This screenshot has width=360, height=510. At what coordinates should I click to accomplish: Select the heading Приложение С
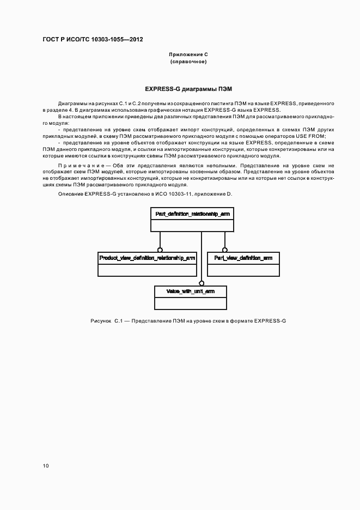click(188, 54)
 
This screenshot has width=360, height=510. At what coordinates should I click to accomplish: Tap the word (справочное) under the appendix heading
click(188, 62)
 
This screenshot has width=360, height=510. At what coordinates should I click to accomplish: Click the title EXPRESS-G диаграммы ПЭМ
click(188, 88)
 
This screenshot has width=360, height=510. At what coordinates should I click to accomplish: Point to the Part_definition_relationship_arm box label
click(192, 214)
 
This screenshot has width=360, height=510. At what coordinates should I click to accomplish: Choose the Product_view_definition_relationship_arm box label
click(147, 257)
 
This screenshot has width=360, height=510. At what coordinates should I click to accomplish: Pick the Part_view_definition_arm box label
click(243, 257)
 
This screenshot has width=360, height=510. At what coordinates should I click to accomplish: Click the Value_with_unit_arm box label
click(191, 292)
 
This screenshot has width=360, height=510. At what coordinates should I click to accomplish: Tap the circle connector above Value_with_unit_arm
click(202, 283)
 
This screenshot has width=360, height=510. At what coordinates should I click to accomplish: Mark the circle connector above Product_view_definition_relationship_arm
click(160, 249)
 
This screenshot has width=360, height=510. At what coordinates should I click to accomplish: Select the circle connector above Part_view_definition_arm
click(224, 249)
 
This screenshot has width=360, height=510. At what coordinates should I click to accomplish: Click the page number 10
click(45, 466)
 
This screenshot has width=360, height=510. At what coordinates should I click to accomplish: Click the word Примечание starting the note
click(76, 165)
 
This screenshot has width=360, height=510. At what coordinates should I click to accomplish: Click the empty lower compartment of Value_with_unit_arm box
click(191, 303)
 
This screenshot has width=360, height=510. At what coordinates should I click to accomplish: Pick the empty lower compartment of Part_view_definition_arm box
click(243, 270)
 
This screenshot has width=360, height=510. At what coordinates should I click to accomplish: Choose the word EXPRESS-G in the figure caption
click(270, 321)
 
